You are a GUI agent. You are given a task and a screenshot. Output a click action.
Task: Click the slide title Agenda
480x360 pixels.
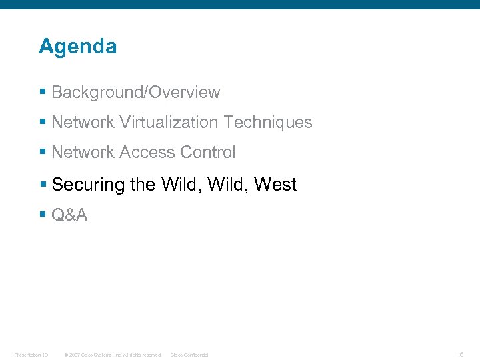[x=77, y=47]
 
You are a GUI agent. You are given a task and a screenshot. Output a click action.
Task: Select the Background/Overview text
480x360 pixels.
[x=135, y=93]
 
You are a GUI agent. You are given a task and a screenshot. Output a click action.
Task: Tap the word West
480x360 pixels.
[x=275, y=185]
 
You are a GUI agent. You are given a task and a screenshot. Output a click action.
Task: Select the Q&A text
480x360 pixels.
[x=69, y=215]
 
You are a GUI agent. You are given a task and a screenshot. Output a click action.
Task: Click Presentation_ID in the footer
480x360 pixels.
[x=31, y=355]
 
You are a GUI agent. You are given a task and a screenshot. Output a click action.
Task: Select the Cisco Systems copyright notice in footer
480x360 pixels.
[x=112, y=355]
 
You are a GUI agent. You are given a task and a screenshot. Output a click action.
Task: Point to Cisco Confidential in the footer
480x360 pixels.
[x=189, y=355]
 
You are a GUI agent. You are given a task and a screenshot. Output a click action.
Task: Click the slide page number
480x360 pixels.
[x=461, y=354]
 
